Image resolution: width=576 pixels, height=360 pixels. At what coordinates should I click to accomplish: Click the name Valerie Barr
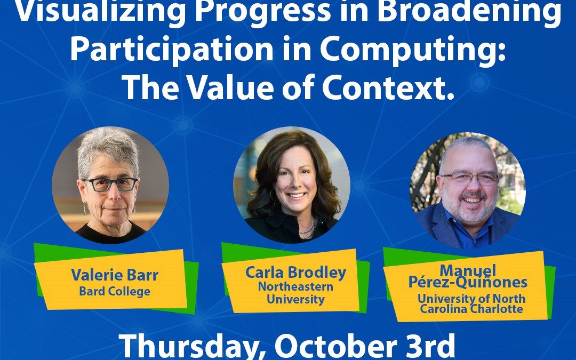click(115, 276)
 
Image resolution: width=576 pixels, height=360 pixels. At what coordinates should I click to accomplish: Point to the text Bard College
click(115, 291)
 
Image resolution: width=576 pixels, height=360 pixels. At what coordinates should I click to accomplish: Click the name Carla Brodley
click(295, 273)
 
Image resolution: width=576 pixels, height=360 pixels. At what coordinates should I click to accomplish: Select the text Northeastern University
click(295, 293)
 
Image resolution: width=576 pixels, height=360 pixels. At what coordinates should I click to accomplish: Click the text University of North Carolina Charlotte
click(471, 304)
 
